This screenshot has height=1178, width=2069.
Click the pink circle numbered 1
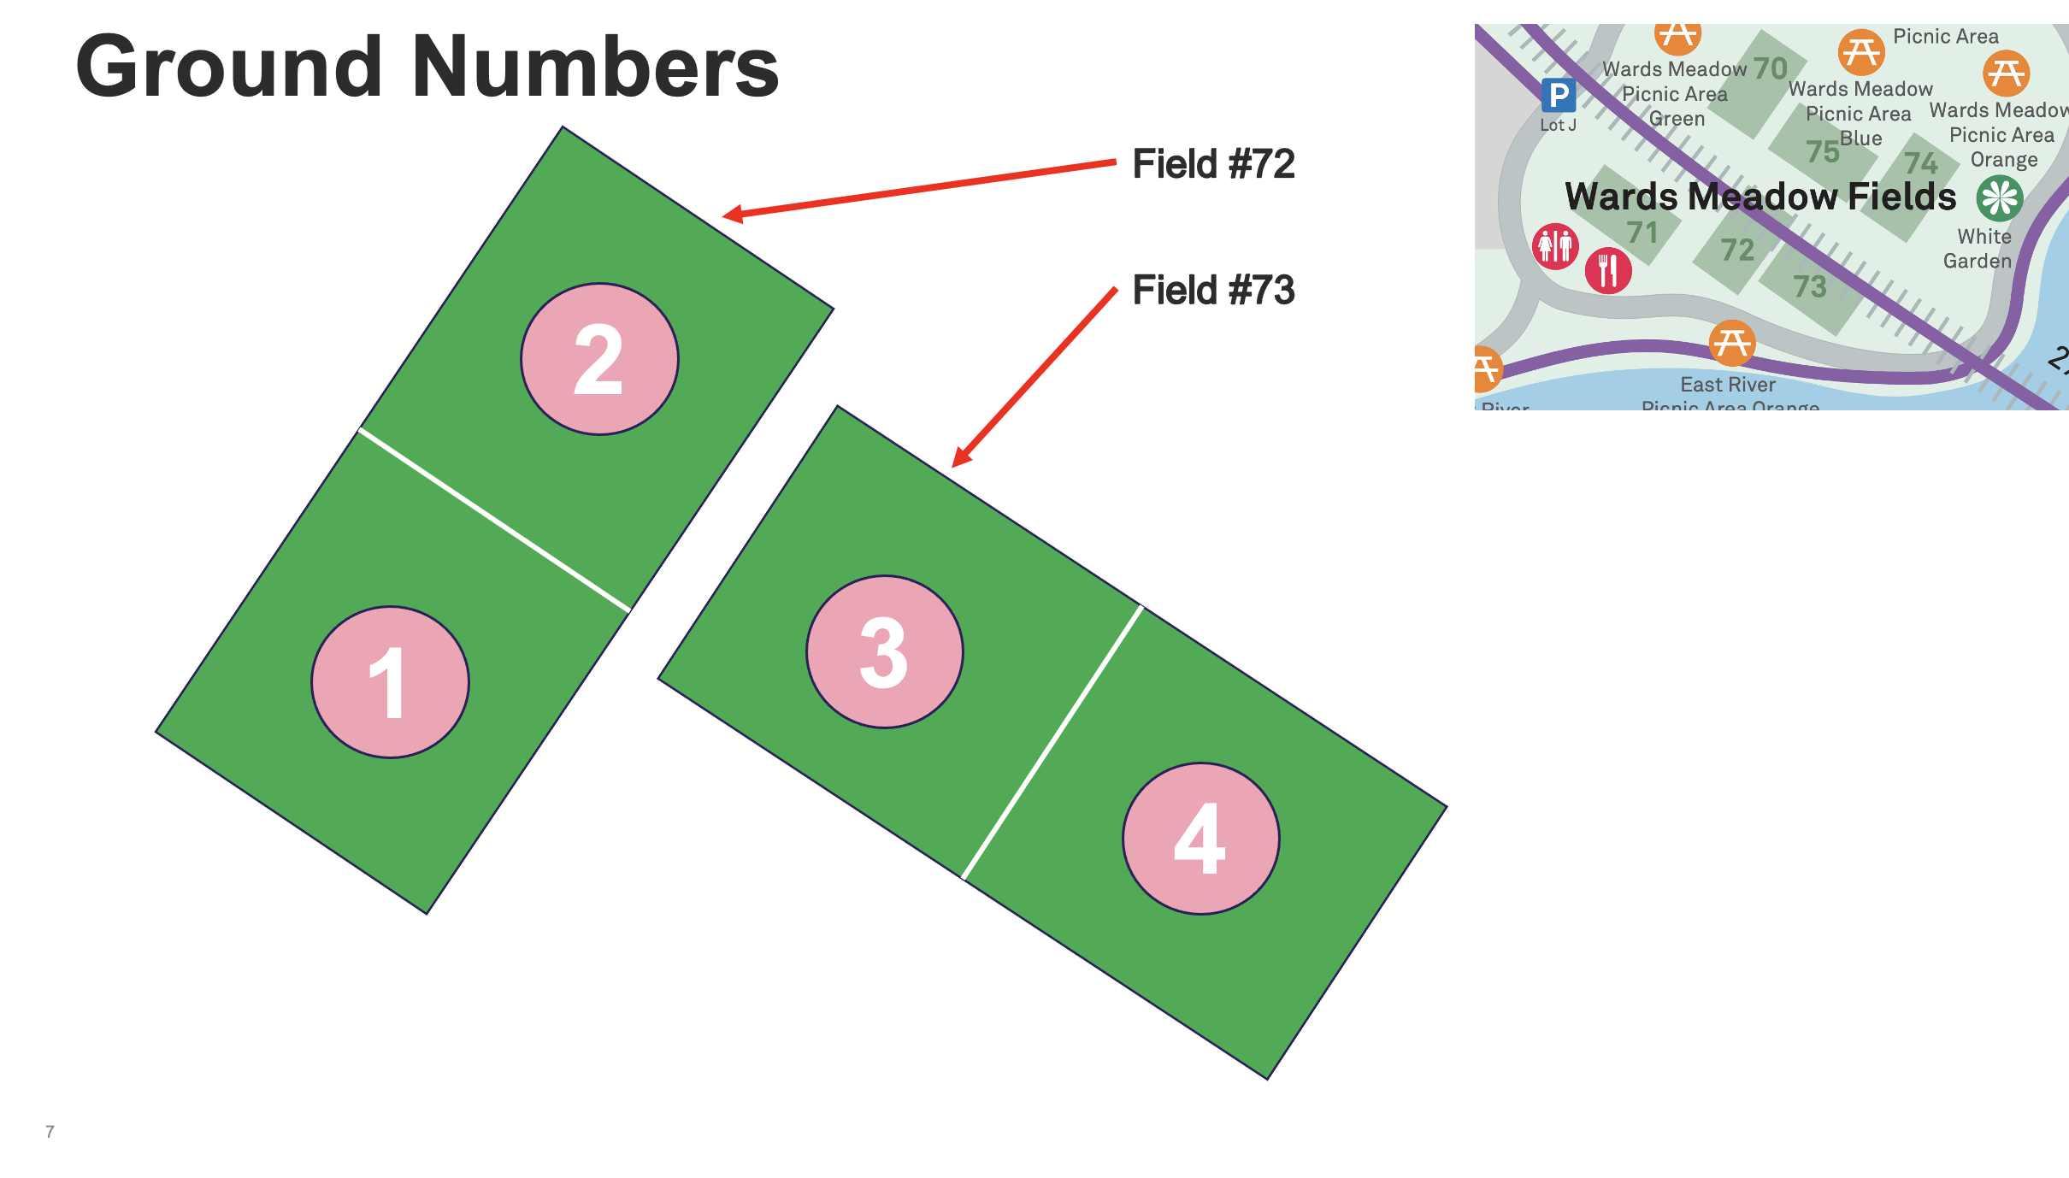coord(390,682)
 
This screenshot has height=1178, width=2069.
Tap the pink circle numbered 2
coord(599,359)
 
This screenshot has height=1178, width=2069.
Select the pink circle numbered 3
coord(884,651)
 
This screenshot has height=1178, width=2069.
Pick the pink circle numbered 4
coord(1200,839)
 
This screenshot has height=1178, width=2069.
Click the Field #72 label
coord(1212,164)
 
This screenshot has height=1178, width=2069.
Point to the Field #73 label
coord(1212,291)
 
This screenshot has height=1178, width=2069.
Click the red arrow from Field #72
coord(919,188)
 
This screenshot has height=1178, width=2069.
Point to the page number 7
coord(50,1132)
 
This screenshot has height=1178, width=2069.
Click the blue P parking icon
coord(1559,95)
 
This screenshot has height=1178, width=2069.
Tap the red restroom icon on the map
coord(1555,247)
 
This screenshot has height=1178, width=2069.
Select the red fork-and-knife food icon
coord(1608,271)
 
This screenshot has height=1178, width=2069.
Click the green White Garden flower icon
coord(2000,198)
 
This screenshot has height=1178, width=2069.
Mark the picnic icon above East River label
coord(1732,343)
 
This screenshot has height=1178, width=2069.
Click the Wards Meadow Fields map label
coord(1760,197)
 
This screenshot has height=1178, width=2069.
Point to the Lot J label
coord(1558,125)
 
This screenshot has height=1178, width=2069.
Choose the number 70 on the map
coord(1770,68)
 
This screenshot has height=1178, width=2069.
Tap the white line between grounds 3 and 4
coord(1052,742)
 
